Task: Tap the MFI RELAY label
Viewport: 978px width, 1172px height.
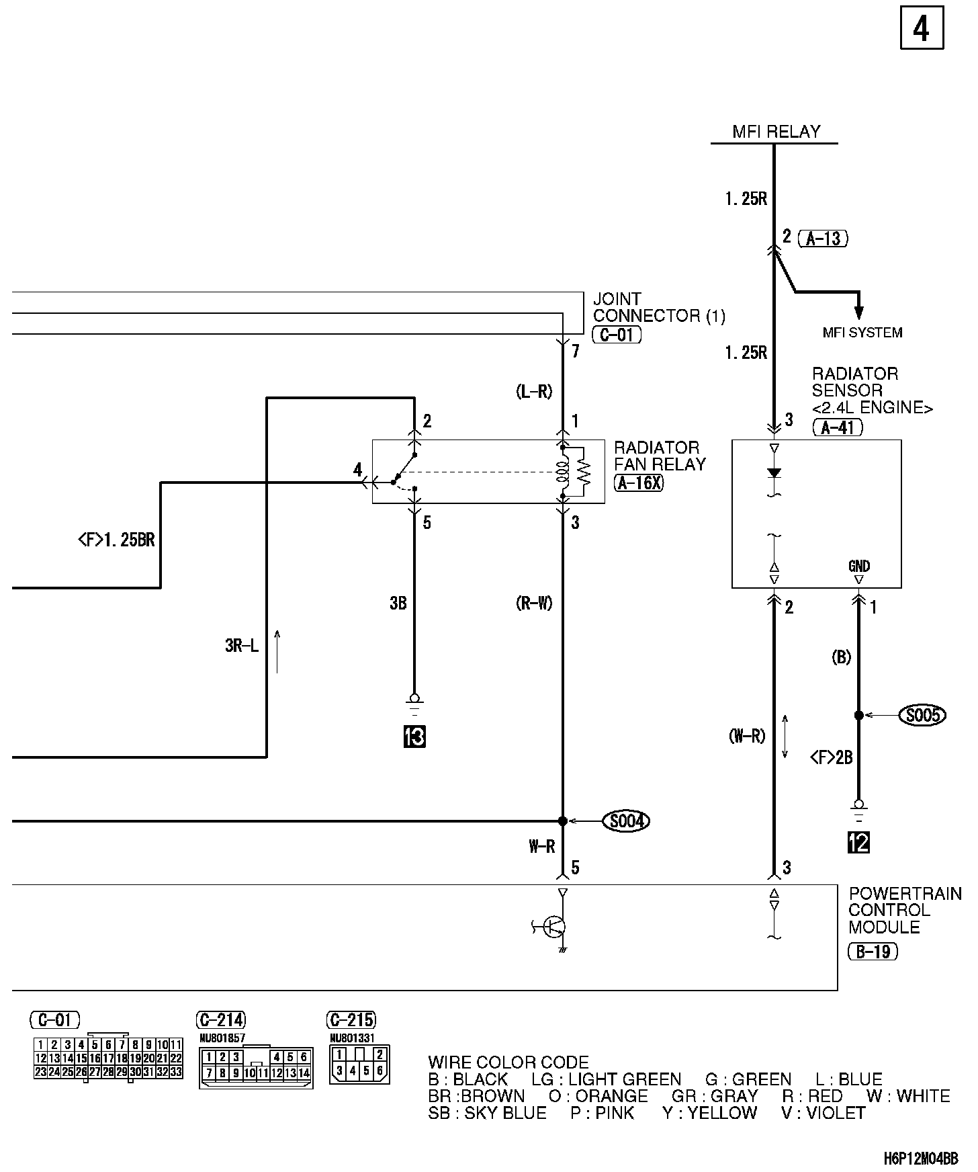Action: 776,132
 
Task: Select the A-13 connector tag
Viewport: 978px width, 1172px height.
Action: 824,238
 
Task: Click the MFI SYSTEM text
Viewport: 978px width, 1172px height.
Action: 862,332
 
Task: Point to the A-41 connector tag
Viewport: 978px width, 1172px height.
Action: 837,427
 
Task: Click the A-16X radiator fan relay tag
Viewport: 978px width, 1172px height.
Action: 638,482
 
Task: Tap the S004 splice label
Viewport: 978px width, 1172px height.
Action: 626,821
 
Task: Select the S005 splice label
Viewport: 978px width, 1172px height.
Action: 922,715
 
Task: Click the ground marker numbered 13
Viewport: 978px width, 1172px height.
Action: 414,737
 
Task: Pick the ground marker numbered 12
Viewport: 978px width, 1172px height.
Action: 858,842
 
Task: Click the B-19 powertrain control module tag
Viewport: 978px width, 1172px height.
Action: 873,952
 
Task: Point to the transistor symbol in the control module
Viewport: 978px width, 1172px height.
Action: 555,927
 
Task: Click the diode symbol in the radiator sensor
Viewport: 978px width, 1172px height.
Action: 774,473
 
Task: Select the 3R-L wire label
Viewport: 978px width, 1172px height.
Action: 241,646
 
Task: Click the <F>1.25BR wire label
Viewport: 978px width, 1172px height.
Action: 116,540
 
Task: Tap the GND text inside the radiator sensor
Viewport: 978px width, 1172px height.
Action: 859,566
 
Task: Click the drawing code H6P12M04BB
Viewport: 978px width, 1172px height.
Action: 920,1159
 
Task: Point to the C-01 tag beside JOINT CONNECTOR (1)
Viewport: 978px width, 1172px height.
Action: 617,335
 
